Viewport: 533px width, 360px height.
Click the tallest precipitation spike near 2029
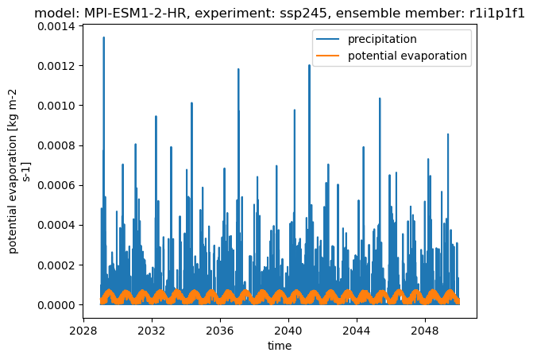(x=104, y=37)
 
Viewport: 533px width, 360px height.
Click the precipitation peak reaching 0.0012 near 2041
(x=309, y=65)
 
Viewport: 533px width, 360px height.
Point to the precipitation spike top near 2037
(x=238, y=69)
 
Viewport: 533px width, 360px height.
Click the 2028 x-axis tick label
(x=83, y=331)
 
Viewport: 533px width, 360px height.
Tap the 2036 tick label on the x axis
(x=220, y=331)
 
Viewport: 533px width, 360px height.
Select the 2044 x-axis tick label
(x=357, y=331)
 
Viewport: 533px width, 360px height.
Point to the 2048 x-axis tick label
(x=425, y=331)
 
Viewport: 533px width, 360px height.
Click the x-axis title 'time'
(x=280, y=346)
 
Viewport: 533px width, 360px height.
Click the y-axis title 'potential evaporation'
(x=13, y=194)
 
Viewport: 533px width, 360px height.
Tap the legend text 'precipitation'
(x=382, y=39)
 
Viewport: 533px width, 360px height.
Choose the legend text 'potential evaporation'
(x=407, y=56)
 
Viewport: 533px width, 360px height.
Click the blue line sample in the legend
(x=328, y=39)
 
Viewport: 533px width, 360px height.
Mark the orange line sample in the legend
(x=328, y=56)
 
